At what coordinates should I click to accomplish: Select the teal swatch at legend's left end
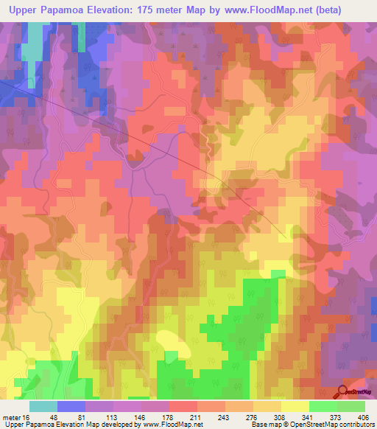[x=43, y=406]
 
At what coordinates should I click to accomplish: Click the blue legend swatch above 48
[x=71, y=406]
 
